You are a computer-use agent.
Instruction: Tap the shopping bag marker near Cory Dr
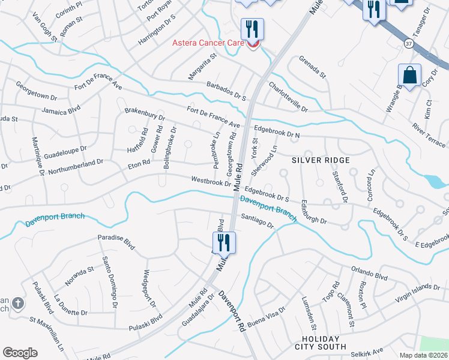coord(410,76)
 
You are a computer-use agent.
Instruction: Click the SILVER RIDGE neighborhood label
coord(321,160)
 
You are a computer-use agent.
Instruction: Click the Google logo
coord(20,353)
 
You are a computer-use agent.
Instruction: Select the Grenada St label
coord(312,67)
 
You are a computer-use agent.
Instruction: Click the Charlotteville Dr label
coord(288,97)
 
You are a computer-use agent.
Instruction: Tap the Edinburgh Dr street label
coord(314,212)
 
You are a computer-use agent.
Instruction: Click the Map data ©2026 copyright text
coord(424,355)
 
